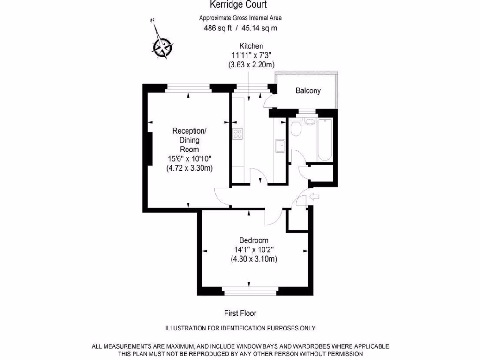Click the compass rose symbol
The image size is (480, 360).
coord(163,46)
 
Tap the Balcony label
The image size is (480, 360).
coord(308,91)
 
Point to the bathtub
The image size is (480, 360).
coord(325,139)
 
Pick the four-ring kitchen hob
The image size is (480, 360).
coord(238,135)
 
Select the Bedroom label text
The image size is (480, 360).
coord(253,240)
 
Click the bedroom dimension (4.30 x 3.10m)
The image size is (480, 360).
coord(253,259)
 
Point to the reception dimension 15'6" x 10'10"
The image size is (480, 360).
coord(189,158)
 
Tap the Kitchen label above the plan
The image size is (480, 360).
coord(251,46)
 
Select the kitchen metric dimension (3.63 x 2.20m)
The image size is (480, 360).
coord(251,65)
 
